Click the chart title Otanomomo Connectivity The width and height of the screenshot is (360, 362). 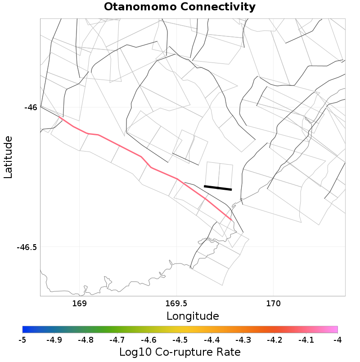[x=180, y=7]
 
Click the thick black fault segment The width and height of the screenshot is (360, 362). [x=218, y=188]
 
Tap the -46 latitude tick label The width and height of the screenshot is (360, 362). [x=31, y=107]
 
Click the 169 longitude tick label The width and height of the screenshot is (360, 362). [x=79, y=304]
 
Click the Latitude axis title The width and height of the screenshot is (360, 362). [x=9, y=158]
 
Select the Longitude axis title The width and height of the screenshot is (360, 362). [x=193, y=316]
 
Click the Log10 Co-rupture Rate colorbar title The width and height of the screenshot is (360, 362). [x=180, y=352]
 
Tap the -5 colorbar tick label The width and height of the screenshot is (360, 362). [x=22, y=340]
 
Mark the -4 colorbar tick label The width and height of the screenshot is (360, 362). [x=337, y=340]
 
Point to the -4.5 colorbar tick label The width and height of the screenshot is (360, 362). [x=180, y=340]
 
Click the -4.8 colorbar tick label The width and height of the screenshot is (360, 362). [x=85, y=340]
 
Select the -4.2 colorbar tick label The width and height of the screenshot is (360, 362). [x=274, y=340]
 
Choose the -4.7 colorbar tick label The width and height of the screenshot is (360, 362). [x=117, y=340]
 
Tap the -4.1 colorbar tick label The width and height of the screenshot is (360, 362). [x=306, y=340]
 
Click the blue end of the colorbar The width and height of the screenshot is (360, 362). [x=25, y=330]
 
